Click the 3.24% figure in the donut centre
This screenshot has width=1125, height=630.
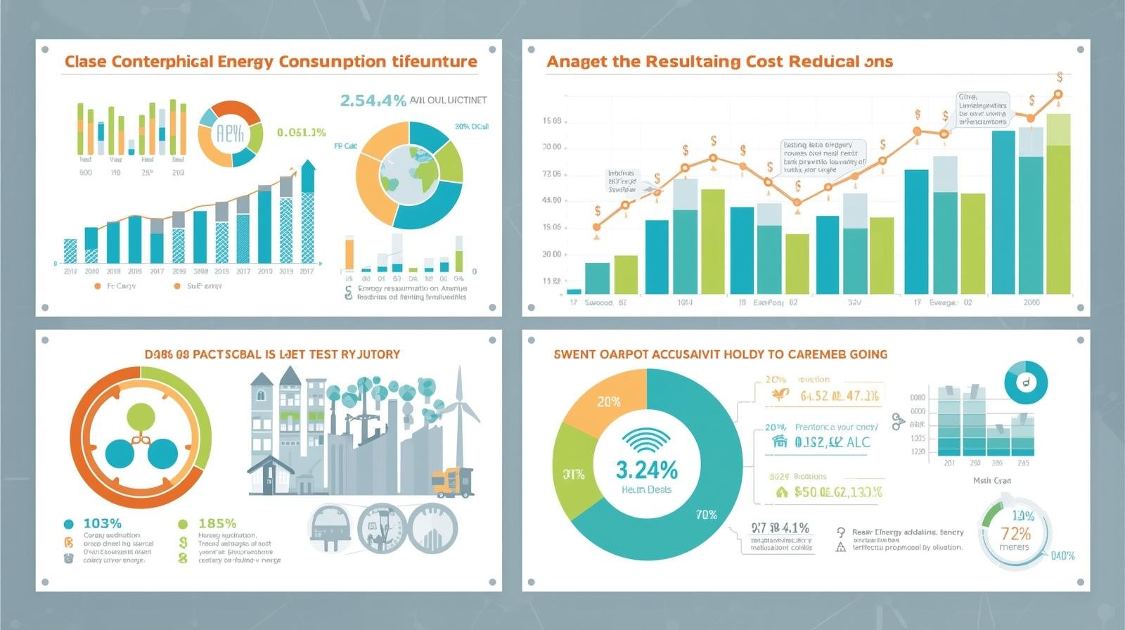point(647,470)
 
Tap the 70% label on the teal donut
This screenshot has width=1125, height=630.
point(706,515)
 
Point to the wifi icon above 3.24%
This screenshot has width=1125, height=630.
point(646,442)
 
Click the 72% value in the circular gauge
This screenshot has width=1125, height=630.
point(1015,534)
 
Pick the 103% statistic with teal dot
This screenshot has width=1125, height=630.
point(102,523)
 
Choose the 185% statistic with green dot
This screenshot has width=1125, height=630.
point(217,523)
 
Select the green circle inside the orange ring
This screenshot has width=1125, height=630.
point(141,417)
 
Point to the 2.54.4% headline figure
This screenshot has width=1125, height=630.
point(373,101)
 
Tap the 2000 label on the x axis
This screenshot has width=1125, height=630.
point(1031,302)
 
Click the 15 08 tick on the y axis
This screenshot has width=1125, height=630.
point(552,121)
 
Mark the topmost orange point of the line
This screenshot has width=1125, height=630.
point(1058,94)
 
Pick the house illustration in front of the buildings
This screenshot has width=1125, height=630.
point(270,475)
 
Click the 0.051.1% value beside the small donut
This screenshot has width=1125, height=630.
point(301,132)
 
